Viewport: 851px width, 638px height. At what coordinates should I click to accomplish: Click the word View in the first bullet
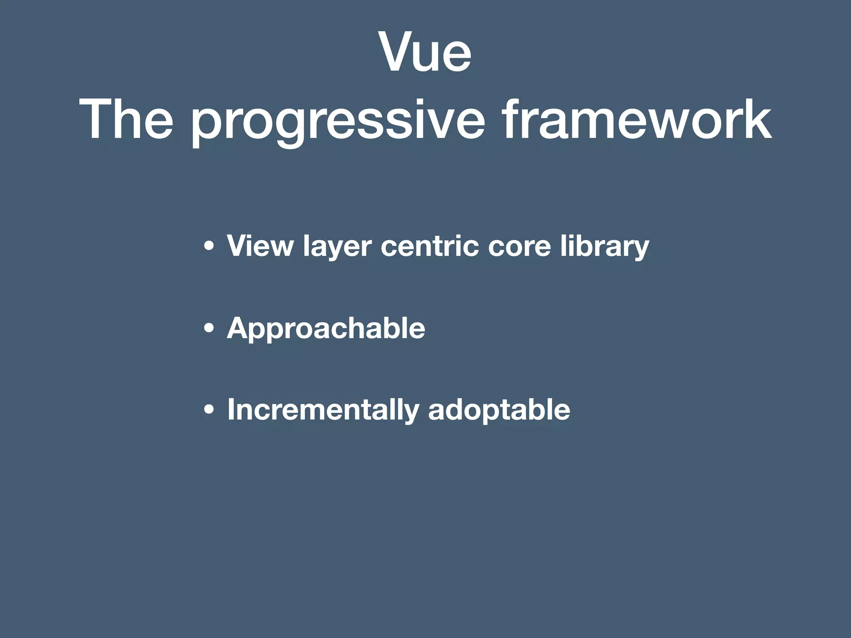tap(260, 246)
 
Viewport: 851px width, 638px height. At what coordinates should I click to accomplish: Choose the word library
tap(605, 247)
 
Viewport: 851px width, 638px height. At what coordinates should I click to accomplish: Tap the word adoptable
tap(499, 410)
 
